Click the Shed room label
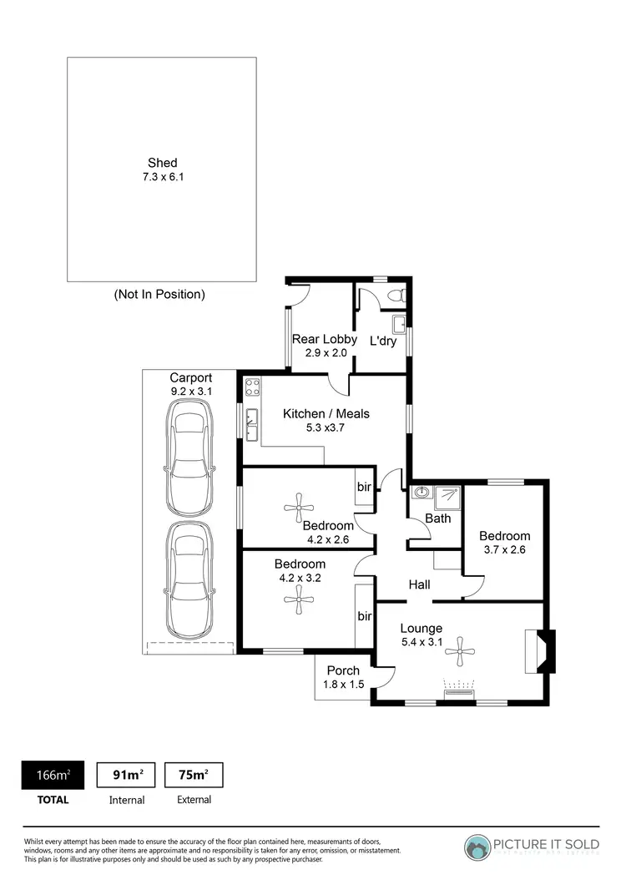162,163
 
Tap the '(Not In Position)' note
159,294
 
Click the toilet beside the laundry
398,295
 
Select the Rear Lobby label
318,339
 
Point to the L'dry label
383,341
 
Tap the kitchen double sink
252,423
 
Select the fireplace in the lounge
538,652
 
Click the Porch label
343,670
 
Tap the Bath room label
437,518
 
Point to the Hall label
420,585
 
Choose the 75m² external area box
194,775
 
